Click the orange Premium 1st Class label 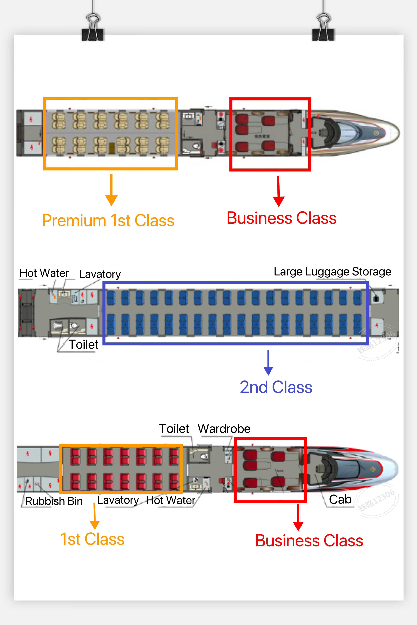(108, 221)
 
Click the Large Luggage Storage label (332, 272)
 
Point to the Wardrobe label (224, 429)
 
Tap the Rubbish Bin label (54, 501)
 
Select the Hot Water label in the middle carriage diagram (44, 273)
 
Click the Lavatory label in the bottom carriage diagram (118, 500)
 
